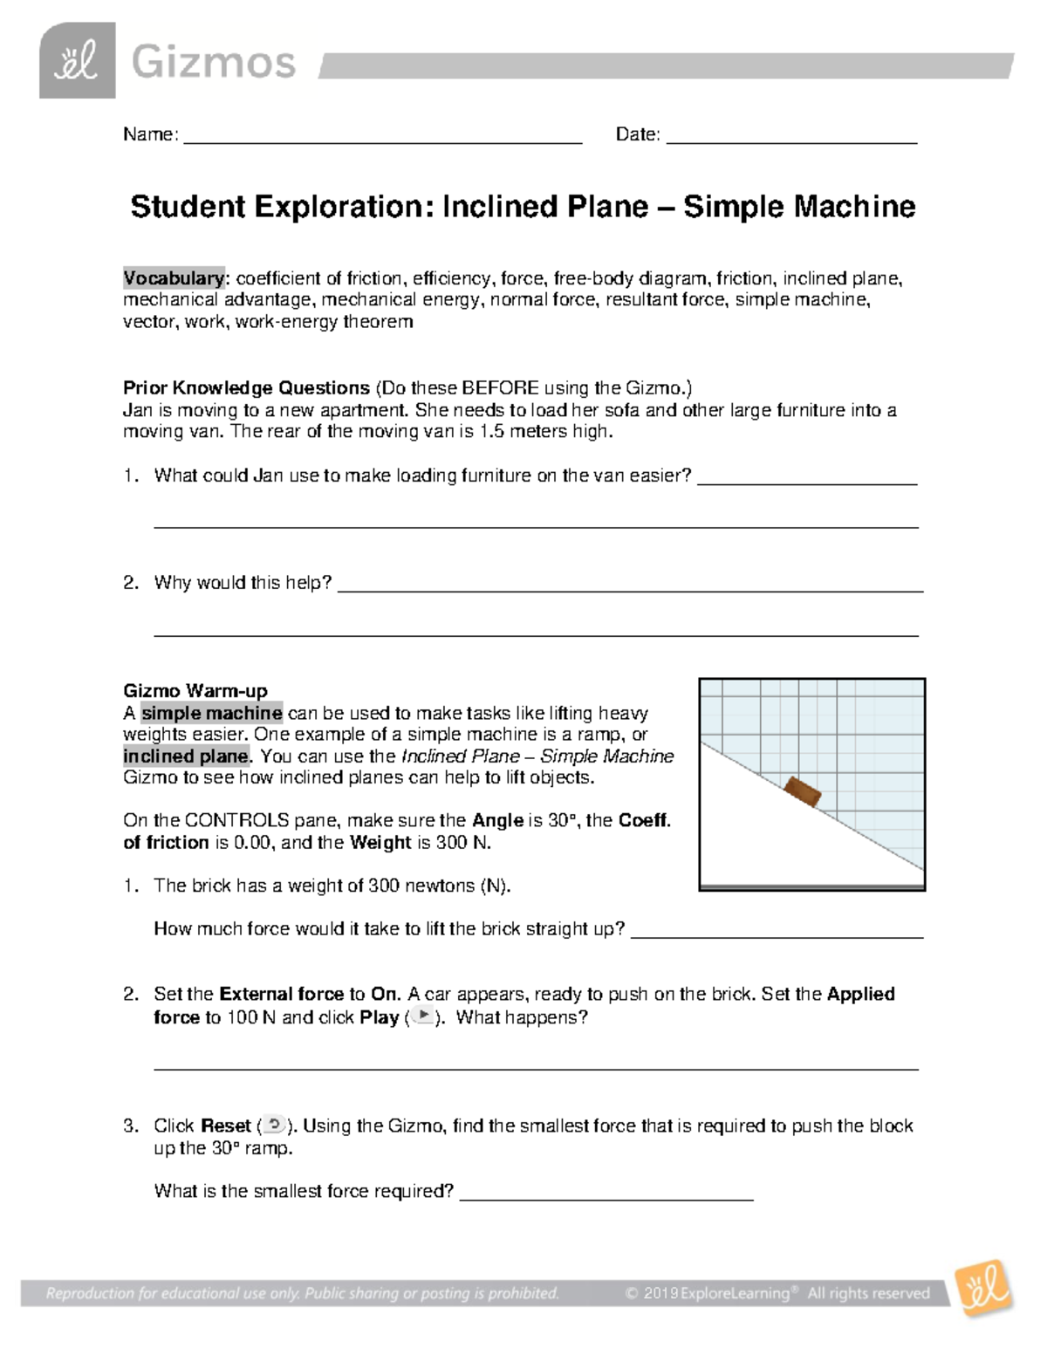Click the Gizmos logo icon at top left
click(x=77, y=62)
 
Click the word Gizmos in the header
click(x=214, y=63)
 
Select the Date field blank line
click(x=791, y=140)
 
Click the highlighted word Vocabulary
click(x=174, y=278)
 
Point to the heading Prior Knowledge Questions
click(x=246, y=388)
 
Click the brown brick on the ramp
click(x=803, y=792)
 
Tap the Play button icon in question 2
click(x=422, y=1016)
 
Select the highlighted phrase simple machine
click(x=212, y=713)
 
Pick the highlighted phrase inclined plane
click(x=186, y=756)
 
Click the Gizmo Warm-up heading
click(x=195, y=691)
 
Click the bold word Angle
click(x=496, y=820)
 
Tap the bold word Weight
click(x=380, y=843)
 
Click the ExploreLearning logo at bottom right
click(x=985, y=1290)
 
